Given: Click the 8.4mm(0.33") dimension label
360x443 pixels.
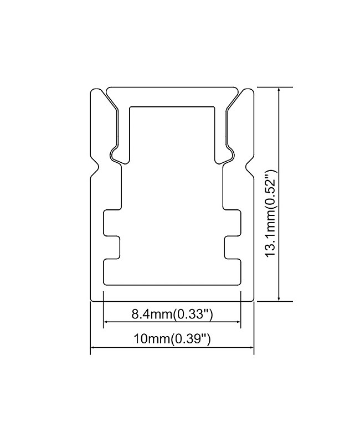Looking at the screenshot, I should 172,315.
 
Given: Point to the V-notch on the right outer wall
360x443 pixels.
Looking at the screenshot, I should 249,166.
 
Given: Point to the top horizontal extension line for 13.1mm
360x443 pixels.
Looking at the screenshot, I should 274,87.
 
